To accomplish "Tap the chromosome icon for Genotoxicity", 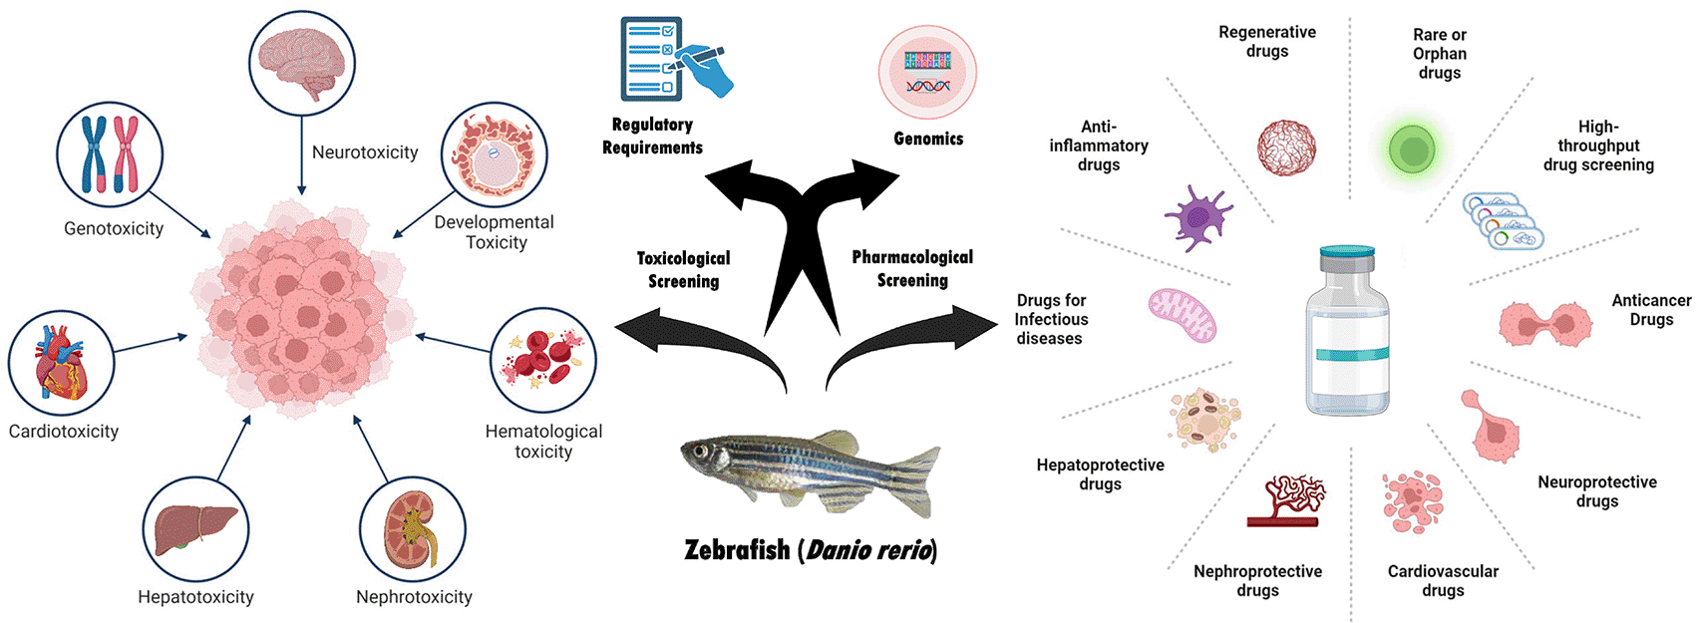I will tap(110, 155).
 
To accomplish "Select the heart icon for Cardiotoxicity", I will tap(61, 364).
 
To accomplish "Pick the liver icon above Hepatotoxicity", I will tap(195, 528).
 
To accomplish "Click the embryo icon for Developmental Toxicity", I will tap(494, 156).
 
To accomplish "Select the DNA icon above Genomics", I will tap(927, 73).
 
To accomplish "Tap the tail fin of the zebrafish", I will tap(912, 478).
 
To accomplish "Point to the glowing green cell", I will tap(1411, 151).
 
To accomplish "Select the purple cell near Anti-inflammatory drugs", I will tap(1196, 217).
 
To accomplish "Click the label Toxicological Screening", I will tap(684, 270).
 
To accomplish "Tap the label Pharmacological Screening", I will tap(912, 268).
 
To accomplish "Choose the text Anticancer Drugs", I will tap(1651, 310).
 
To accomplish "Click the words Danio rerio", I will tap(869, 550).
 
